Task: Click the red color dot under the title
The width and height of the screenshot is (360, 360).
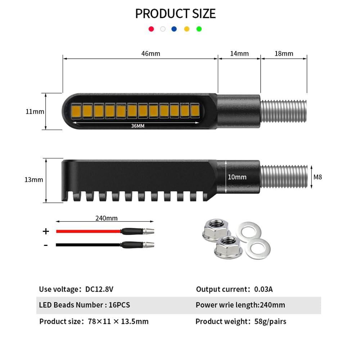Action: [x=151, y=29]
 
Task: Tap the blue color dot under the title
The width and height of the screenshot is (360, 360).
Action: [x=174, y=29]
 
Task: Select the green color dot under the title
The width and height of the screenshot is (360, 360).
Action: [x=199, y=29]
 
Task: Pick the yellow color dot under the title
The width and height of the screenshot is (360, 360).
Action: [x=186, y=29]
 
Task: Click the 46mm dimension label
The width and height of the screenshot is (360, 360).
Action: [x=150, y=54]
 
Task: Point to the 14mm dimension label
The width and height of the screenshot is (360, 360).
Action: [x=239, y=54]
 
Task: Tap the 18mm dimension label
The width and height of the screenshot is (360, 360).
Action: [x=284, y=54]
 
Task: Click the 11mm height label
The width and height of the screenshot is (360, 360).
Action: [x=35, y=112]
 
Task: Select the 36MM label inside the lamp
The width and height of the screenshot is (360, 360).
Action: [x=138, y=126]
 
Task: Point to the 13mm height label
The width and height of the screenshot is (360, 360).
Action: [x=34, y=180]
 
